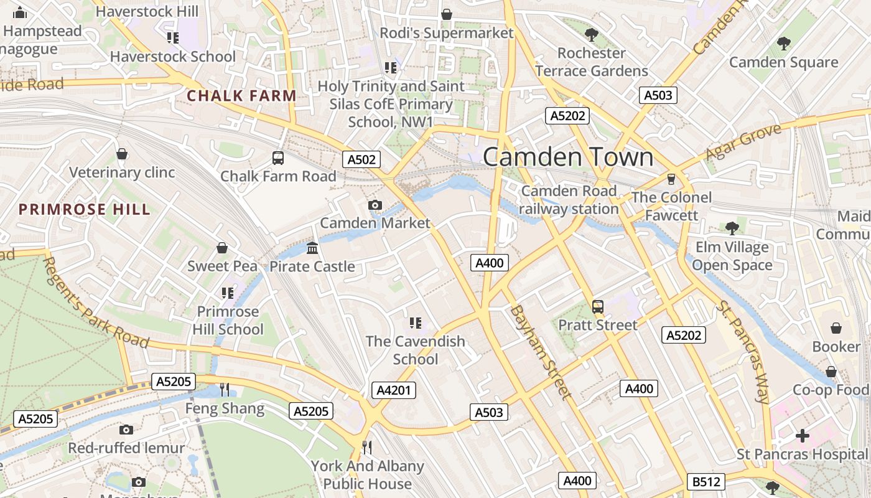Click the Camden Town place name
[x=568, y=157]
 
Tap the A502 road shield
[x=361, y=159]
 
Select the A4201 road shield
[x=394, y=390]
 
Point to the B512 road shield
[x=706, y=481]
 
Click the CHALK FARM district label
[x=241, y=96]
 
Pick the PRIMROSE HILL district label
[x=85, y=209]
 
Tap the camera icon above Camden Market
[x=375, y=205]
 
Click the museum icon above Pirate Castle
[x=312, y=248]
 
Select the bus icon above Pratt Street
[x=598, y=306]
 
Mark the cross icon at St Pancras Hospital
[x=803, y=436]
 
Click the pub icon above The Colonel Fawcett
[x=671, y=179]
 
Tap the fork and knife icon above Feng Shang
[x=225, y=390]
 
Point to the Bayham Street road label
[x=539, y=352]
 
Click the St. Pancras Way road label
[x=744, y=352]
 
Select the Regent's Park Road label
[x=96, y=303]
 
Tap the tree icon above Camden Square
[x=783, y=44]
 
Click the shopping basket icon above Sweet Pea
[x=222, y=248]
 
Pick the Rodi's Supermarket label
[x=447, y=33]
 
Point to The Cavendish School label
[x=415, y=350]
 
